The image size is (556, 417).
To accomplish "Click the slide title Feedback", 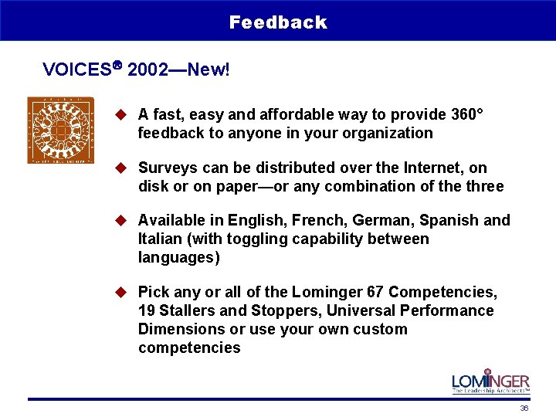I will [278, 22].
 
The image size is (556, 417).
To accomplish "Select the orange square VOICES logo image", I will [60, 130].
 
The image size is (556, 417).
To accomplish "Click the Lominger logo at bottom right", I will [491, 381].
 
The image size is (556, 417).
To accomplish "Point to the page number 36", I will [524, 409].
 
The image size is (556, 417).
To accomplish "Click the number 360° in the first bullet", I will [466, 114].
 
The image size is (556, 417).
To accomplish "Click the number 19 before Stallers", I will [147, 310].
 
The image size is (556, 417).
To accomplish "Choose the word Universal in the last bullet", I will [360, 310].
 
